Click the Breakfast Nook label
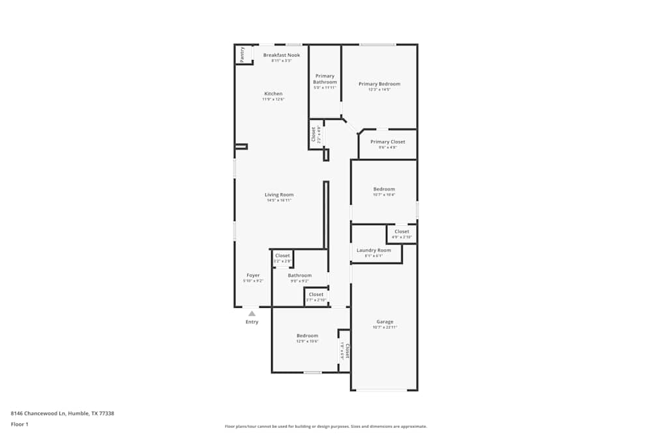[x=281, y=55]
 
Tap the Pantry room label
[x=242, y=54]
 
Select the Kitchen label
[x=273, y=94]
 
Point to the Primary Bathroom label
[x=325, y=79]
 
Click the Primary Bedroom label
[x=379, y=84]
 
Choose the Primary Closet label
[x=388, y=142]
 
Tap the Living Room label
[x=279, y=194]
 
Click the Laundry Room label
[x=374, y=250]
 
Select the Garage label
[x=385, y=322]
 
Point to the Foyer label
[x=253, y=275]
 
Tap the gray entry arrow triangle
[x=252, y=314]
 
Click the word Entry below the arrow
[x=252, y=322]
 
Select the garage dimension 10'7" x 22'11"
[x=385, y=327]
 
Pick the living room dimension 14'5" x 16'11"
[x=279, y=201]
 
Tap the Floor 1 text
[x=20, y=424]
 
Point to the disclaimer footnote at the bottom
[x=325, y=427]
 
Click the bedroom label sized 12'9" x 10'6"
[x=307, y=336]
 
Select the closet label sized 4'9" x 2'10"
[x=402, y=232]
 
